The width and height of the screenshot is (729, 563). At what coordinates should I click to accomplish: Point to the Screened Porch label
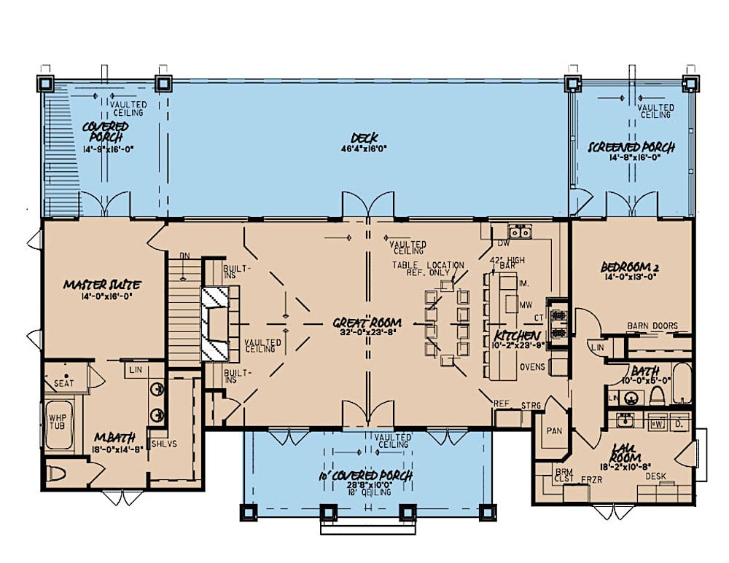[x=631, y=148]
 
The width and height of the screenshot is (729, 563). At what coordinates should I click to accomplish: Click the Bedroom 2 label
[x=631, y=266]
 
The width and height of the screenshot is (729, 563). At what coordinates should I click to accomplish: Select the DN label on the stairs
[x=185, y=256]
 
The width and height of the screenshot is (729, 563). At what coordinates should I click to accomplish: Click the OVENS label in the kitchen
[x=533, y=366]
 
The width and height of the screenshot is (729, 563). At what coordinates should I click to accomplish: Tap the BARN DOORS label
[x=652, y=326]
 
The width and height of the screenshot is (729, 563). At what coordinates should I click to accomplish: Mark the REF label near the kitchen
[x=501, y=403]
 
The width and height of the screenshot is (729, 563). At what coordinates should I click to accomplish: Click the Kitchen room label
[x=518, y=334]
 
